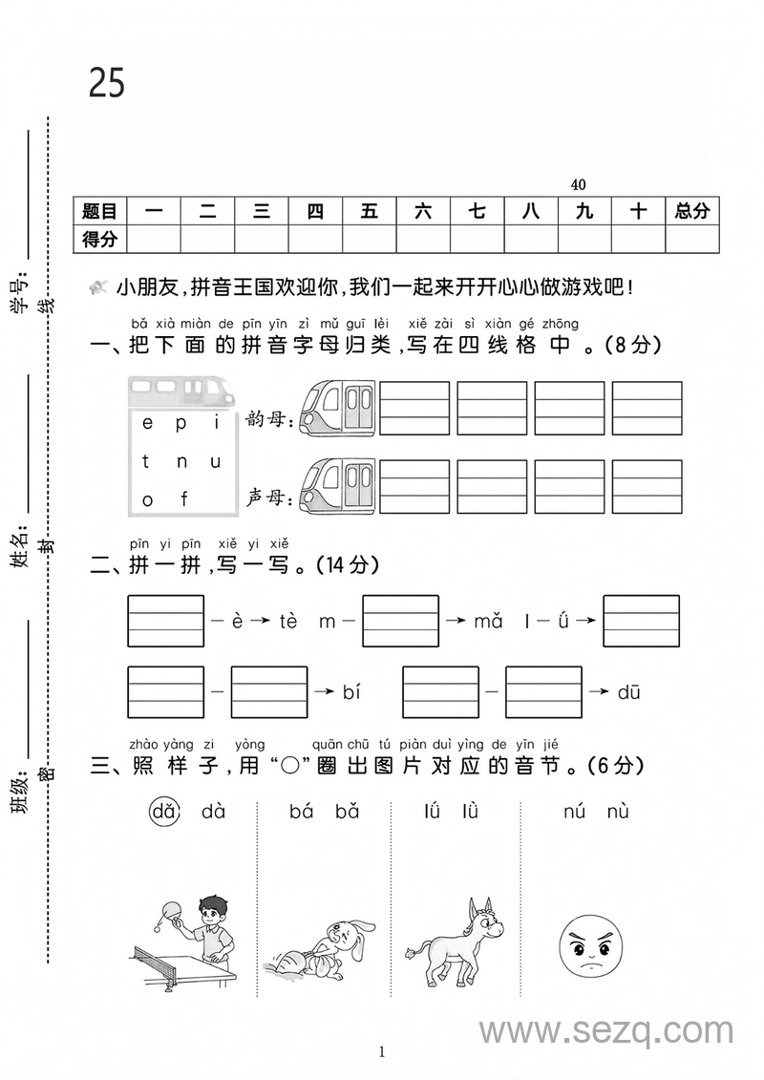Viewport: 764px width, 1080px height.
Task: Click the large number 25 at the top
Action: tap(107, 83)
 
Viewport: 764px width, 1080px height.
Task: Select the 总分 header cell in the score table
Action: tap(691, 211)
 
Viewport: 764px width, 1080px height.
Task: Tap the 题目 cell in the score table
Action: tap(99, 211)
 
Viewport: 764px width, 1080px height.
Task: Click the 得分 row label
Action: tap(99, 239)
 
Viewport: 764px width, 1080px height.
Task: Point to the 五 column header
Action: tap(370, 211)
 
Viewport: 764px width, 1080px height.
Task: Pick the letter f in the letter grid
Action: tap(184, 498)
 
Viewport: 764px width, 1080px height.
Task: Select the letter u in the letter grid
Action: tap(216, 462)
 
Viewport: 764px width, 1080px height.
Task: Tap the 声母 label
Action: tap(269, 497)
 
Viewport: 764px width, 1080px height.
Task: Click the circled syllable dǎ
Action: tap(164, 813)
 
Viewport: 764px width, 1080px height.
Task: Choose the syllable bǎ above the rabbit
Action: tap(347, 813)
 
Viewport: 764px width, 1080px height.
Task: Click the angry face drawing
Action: tap(585, 944)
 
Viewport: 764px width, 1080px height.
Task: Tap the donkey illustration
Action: tap(455, 942)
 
